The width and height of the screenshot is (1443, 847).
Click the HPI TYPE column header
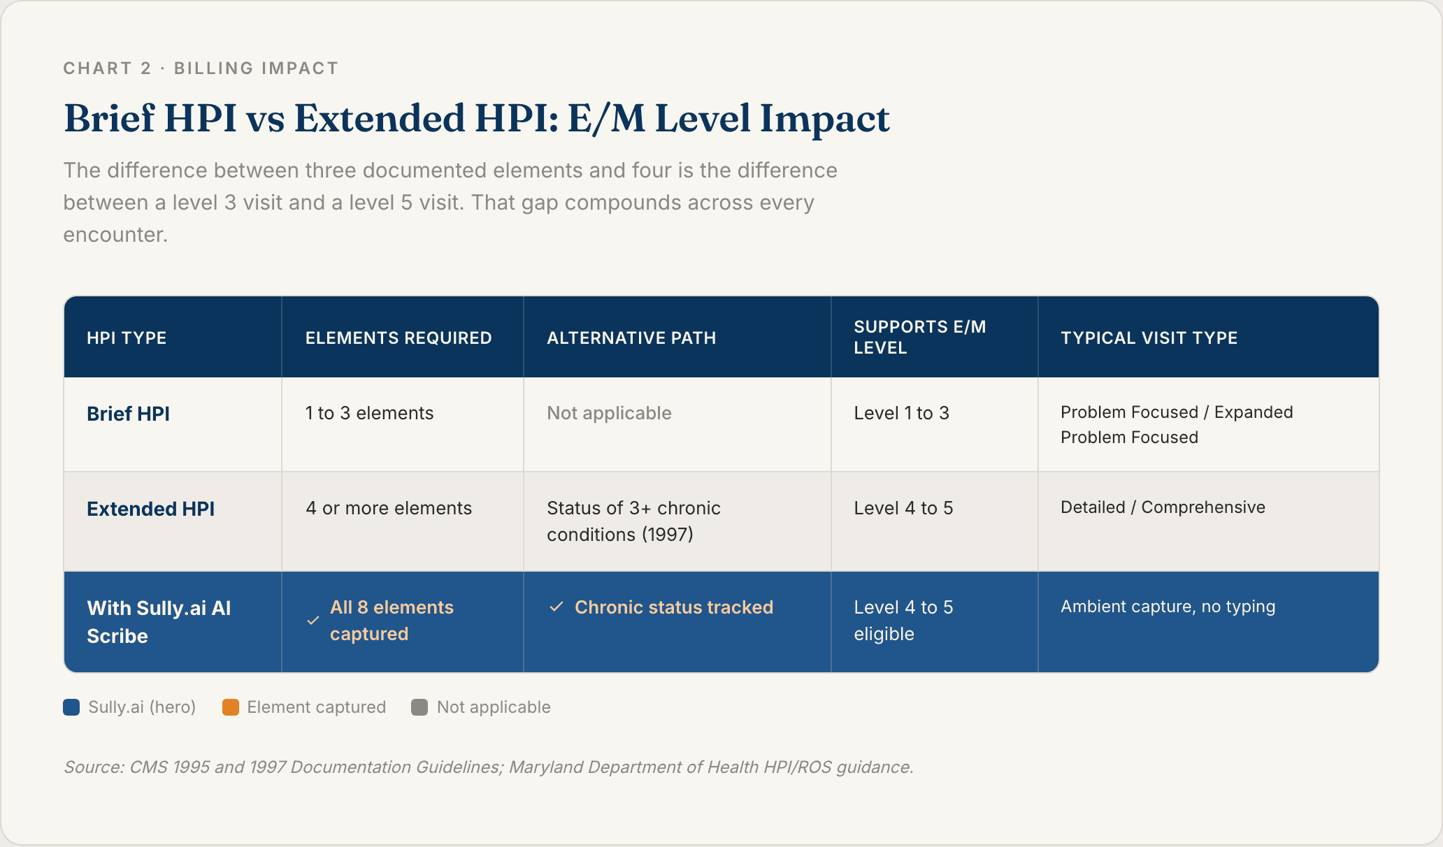127,338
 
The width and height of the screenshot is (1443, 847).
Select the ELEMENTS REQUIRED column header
399,338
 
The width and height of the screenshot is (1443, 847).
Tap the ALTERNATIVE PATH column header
631,338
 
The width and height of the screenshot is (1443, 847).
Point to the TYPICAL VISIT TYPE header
1149,338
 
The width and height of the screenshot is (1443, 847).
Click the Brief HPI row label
128,414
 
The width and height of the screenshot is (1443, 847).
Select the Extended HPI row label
150,509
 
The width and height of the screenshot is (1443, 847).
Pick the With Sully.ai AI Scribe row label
159,622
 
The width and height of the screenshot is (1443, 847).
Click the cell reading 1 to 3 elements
369,413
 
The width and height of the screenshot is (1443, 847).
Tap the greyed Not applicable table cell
609,413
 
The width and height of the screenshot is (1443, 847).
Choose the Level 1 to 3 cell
901,413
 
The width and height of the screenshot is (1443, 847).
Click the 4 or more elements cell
389,508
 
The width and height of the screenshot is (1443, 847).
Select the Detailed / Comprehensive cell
1163,507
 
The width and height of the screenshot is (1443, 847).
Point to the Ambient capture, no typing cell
1168,607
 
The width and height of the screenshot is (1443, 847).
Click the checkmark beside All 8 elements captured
313,621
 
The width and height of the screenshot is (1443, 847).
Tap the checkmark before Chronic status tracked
557,607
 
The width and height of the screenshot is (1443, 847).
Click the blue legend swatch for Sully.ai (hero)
71,707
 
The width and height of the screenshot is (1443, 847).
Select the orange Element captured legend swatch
231,707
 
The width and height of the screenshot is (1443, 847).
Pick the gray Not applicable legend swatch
419,707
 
